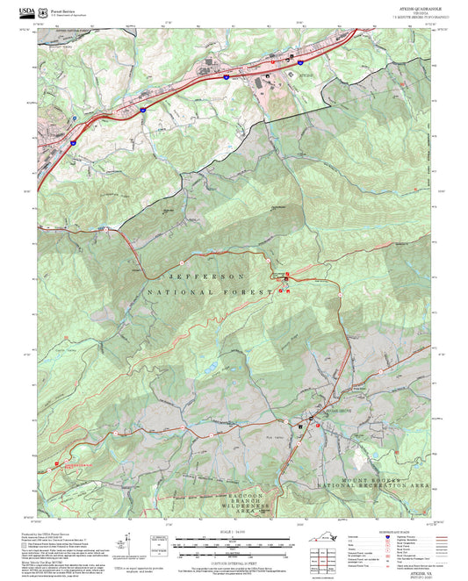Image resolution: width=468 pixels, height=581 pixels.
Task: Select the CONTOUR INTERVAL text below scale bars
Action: pos(232,553)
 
